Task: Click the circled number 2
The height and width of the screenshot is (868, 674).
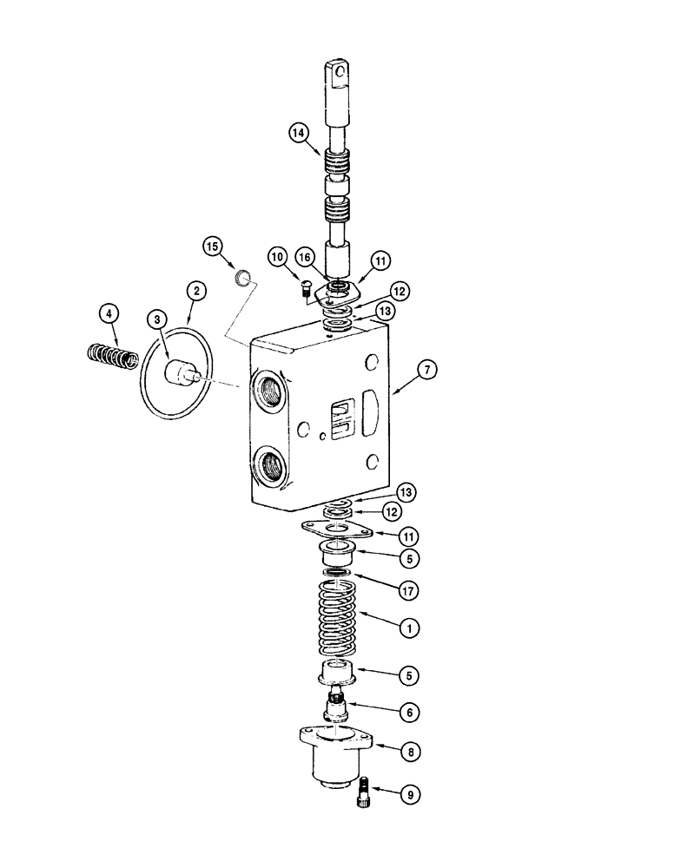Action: [x=197, y=292]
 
